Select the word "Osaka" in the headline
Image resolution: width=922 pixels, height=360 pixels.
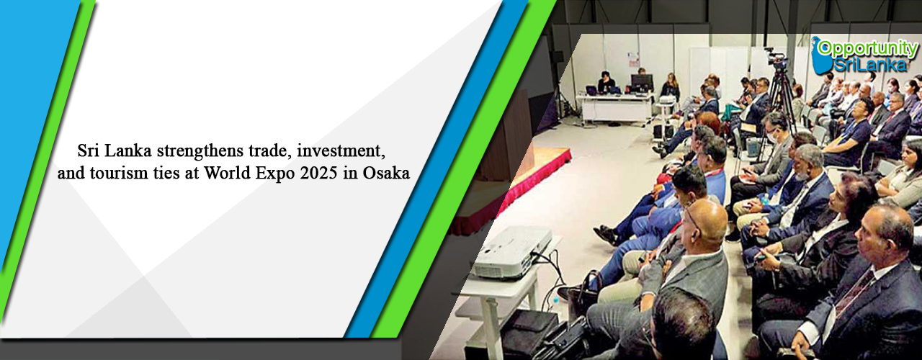pyautogui.click(x=386, y=174)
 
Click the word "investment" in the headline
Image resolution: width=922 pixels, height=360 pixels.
pyautogui.click(x=341, y=151)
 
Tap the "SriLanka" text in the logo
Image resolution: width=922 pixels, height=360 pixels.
pyautogui.click(x=871, y=64)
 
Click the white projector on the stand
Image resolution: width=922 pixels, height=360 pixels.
pyautogui.click(x=511, y=252)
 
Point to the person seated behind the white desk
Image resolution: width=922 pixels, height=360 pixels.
pyautogui.click(x=606, y=82)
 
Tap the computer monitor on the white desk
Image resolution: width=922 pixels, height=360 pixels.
pyautogui.click(x=642, y=83)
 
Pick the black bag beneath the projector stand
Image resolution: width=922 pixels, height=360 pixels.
pyautogui.click(x=530, y=332)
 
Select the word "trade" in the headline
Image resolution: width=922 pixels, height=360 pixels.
pyautogui.click(x=267, y=151)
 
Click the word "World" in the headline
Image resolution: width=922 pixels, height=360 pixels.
pyautogui.click(x=227, y=174)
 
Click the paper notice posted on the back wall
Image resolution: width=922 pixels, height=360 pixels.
pyautogui.click(x=633, y=59)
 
